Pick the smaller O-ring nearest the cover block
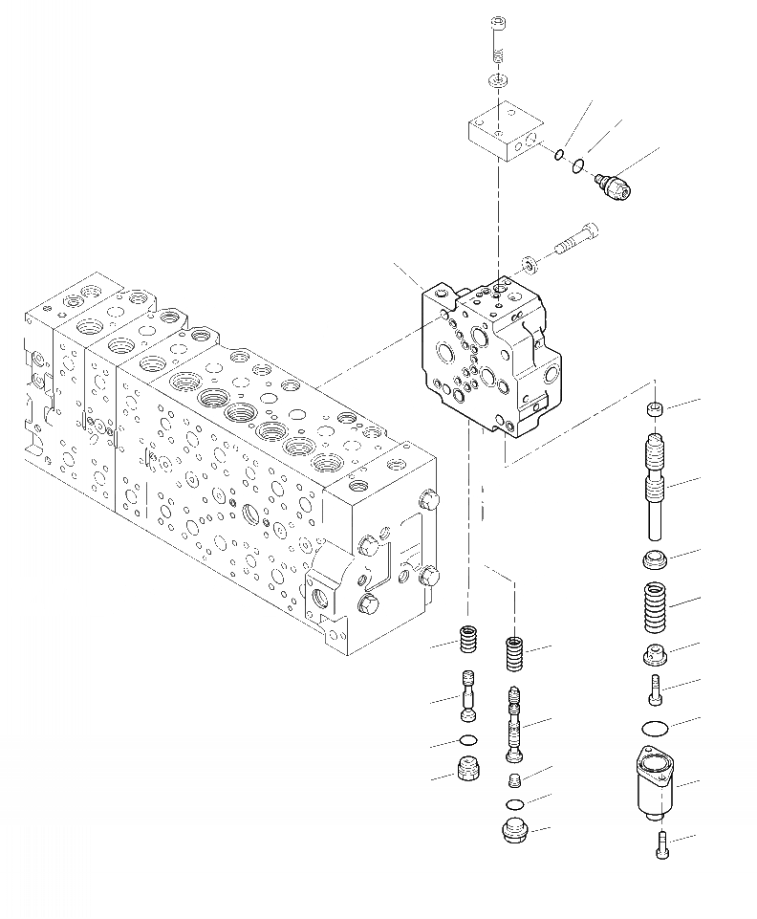pos(558,154)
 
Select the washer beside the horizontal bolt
pos(529,261)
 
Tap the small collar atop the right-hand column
pos(655,410)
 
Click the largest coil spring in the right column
pos(655,607)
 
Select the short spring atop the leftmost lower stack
pos(468,638)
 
